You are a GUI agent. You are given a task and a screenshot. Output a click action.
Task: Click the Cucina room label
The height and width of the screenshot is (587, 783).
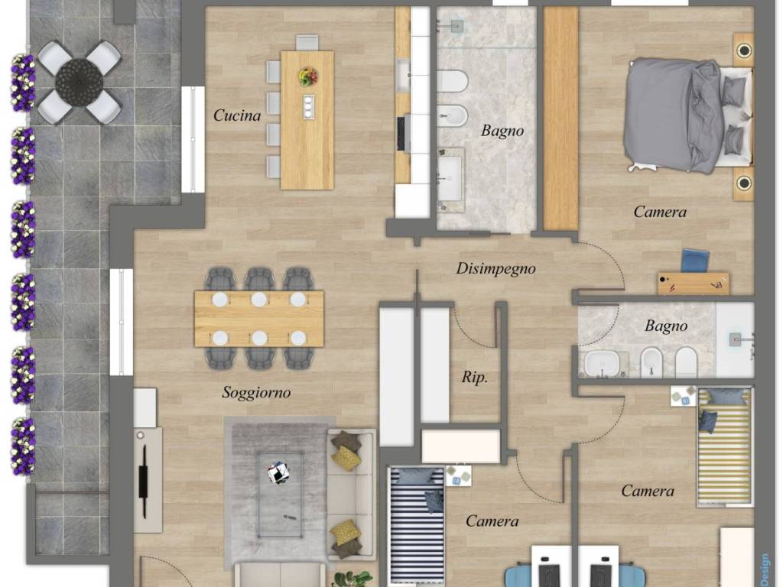237,115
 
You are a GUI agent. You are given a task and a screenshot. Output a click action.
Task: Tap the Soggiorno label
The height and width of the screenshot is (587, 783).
256,392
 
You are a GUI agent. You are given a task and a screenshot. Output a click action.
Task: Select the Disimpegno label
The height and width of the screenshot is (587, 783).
495,268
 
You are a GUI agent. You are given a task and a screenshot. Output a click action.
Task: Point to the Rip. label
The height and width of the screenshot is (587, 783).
474,377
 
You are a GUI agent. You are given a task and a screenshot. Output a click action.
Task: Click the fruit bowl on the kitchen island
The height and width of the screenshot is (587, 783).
308,76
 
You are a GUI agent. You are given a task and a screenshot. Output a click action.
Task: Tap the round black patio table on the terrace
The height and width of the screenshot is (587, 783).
80,82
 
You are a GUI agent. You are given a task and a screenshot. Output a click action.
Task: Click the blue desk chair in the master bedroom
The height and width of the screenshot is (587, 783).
695,261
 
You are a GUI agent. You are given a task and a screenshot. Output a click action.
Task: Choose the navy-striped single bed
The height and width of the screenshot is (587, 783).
416,527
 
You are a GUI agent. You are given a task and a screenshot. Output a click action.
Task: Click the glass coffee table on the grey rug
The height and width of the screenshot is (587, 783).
280,495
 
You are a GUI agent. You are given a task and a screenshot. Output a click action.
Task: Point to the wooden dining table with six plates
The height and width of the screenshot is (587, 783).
258,319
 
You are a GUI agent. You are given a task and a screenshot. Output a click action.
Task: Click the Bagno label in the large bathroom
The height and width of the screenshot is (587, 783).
502,131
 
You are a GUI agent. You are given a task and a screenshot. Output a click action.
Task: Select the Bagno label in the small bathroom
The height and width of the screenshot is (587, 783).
666,326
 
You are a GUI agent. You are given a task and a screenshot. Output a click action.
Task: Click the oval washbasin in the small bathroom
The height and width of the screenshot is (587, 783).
601,363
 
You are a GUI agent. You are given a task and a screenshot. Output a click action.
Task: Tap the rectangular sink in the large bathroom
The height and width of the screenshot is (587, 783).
450,178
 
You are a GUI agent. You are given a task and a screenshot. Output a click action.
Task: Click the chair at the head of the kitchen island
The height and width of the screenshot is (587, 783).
307,43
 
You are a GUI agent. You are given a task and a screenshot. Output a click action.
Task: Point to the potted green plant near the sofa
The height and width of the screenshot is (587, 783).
352,579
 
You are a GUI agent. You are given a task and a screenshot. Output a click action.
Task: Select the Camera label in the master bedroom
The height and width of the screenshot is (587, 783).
660,212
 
